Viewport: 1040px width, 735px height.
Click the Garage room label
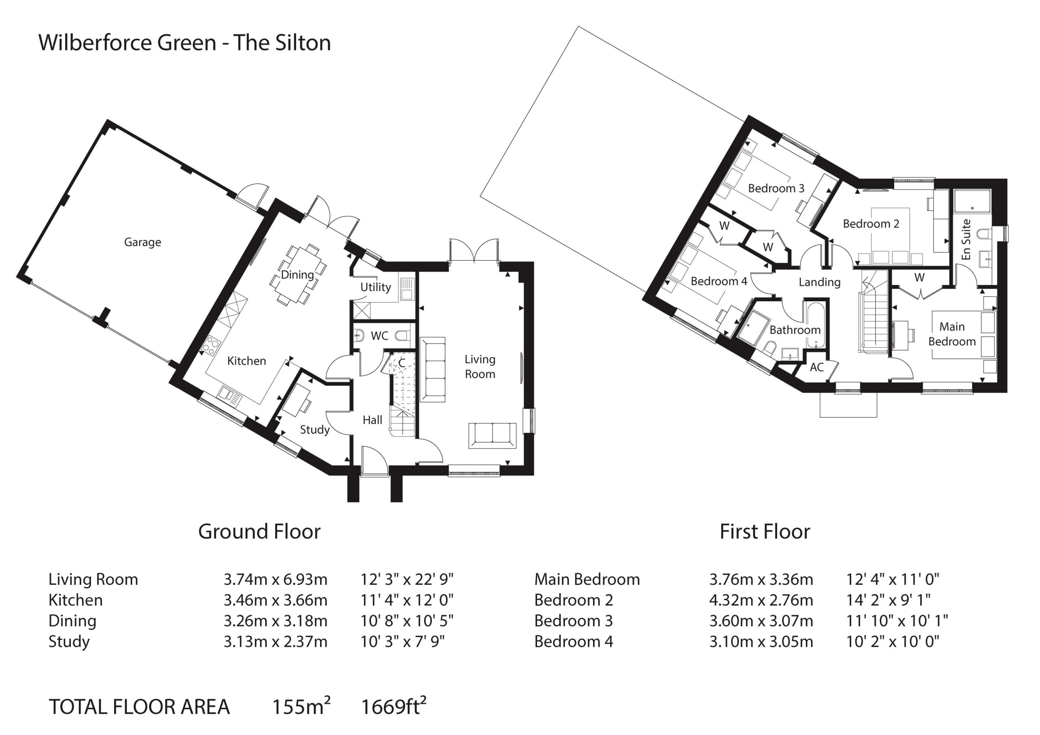tap(142, 242)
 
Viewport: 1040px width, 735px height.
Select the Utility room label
tap(375, 287)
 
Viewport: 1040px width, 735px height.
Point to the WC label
tap(379, 335)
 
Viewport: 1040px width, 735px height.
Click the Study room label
tap(314, 429)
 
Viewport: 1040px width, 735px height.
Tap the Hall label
tap(373, 420)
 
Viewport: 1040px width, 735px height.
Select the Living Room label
tap(480, 366)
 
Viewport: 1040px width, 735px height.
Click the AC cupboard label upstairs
tap(816, 367)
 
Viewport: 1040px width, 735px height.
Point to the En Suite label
tap(966, 240)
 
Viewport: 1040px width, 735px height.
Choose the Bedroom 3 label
tap(776, 188)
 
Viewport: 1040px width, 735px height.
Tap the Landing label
tap(819, 282)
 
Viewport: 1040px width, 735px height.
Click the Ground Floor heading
tap(259, 531)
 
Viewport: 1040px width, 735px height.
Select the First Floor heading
tap(765, 531)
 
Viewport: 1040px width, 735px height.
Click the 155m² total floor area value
tap(301, 706)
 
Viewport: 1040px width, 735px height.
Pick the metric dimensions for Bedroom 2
tap(761, 600)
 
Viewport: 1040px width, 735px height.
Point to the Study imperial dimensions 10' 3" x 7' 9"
tap(402, 641)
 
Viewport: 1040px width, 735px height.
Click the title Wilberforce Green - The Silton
tap(185, 43)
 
